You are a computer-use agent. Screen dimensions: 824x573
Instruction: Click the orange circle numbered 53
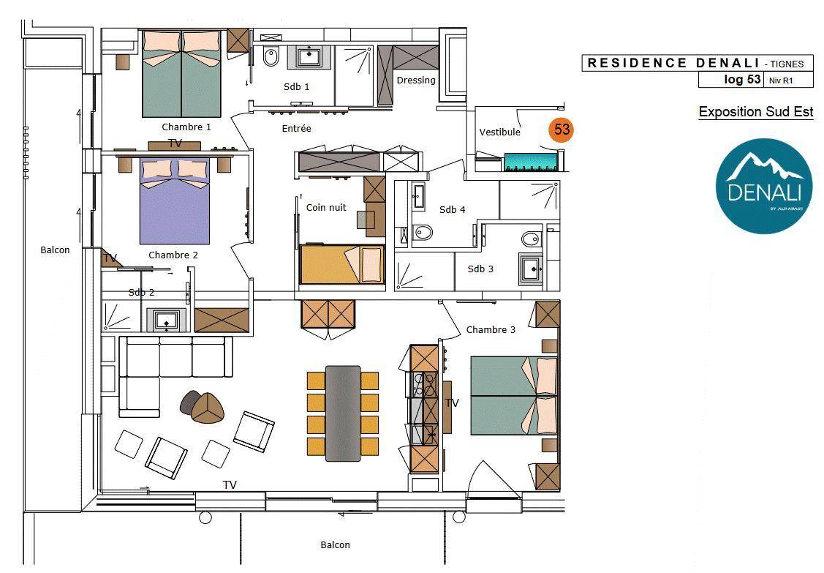pos(562,130)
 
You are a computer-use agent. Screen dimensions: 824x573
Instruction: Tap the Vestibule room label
pos(500,132)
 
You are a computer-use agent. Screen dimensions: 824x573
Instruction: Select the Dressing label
pos(416,80)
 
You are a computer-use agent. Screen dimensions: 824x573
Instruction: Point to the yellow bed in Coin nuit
pos(342,264)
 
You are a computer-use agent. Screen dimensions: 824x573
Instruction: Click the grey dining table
pos(343,413)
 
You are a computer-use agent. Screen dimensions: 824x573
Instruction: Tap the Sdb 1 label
pos(296,87)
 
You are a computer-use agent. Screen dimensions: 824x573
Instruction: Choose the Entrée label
pos(296,128)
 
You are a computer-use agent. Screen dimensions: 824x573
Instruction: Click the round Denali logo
pos(763,186)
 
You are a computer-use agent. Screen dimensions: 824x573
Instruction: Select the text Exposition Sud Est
pos(756,111)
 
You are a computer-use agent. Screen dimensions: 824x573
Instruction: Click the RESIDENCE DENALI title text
pos(673,63)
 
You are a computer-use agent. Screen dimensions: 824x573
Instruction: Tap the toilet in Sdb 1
pos(271,57)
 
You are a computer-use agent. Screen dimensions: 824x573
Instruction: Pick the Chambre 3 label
pos(491,330)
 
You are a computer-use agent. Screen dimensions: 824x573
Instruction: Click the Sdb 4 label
pos(452,209)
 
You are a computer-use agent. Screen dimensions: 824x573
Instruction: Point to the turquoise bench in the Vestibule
pos(530,162)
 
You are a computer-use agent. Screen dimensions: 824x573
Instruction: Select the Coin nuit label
pos(326,207)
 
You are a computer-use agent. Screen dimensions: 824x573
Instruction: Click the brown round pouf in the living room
pos(207,408)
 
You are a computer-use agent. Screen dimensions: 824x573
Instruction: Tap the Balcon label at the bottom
pos(336,544)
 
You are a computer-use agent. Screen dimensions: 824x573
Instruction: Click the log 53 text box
pos(742,80)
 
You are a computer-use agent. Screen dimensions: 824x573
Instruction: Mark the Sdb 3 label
pos(480,269)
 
